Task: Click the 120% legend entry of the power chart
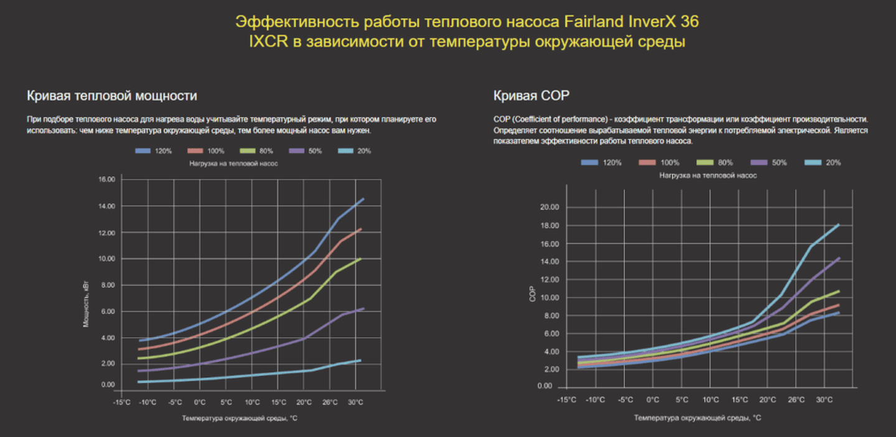[x=156, y=152]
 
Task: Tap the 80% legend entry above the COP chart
[x=715, y=162]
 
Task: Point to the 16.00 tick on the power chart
[x=107, y=180]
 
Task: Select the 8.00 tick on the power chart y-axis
[x=107, y=285]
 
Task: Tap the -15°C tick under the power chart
[x=122, y=403]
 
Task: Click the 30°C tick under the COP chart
[x=824, y=400]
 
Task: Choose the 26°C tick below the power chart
[x=329, y=403]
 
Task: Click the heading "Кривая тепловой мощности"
[x=112, y=96]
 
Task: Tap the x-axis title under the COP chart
[x=698, y=418]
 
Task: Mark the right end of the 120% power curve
[x=363, y=199]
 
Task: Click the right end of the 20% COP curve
[x=839, y=224]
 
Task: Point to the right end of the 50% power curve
[x=363, y=308]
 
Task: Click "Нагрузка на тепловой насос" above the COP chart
[x=708, y=176]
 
